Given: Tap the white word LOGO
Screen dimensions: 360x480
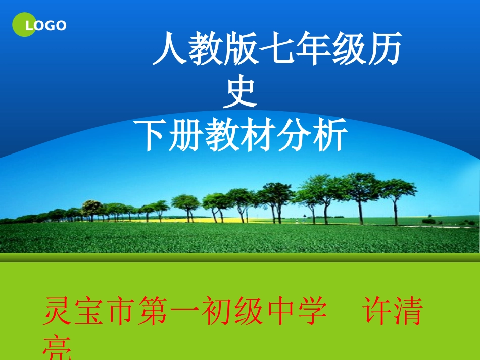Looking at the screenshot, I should pos(46,25).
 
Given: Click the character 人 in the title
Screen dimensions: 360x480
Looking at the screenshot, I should pos(170,51).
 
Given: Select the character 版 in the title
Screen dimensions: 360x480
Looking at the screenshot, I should pos(242,51).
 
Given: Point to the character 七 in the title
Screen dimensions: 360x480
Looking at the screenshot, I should pos(276,51).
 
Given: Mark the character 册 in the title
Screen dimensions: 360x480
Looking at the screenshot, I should pos(188,135).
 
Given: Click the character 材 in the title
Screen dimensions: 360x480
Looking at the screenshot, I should pos(260,135).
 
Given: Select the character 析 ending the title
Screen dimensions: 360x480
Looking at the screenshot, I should pos(331,135).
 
